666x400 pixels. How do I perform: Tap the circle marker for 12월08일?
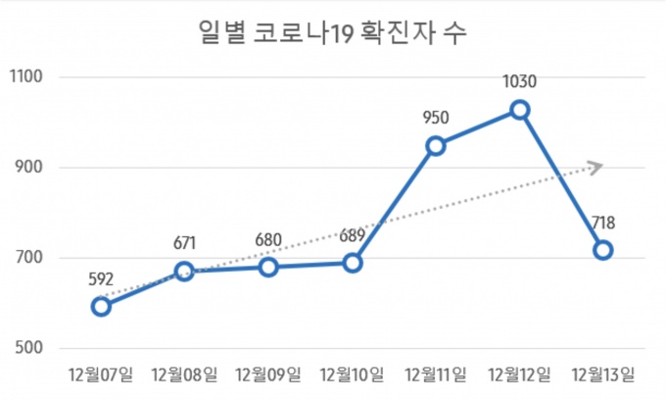tap(185, 271)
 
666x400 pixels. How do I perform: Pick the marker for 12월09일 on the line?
tap(268, 267)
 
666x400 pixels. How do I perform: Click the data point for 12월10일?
tap(353, 263)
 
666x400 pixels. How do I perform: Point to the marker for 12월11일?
tap(436, 146)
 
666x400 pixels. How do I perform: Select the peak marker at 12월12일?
tap(520, 110)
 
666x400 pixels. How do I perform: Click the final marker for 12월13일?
tap(603, 250)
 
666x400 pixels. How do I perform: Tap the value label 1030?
tap(520, 82)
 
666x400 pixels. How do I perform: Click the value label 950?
tap(436, 119)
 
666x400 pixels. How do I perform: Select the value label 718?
tap(603, 223)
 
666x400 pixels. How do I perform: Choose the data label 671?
tap(185, 243)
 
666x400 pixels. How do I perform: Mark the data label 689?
tap(353, 235)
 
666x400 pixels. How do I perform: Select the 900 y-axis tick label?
tap(31, 168)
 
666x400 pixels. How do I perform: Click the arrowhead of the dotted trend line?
tap(596, 166)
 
